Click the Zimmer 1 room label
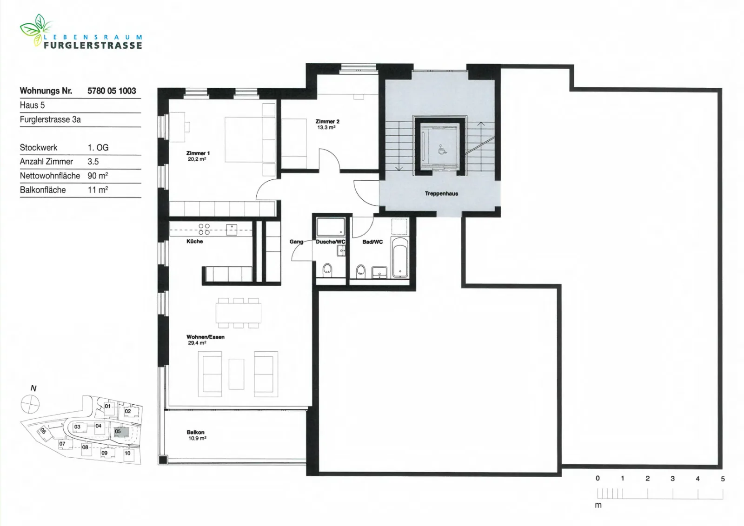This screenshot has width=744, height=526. click(x=198, y=153)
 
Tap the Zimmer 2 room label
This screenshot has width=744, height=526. click(x=327, y=121)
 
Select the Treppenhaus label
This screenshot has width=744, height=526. click(x=441, y=193)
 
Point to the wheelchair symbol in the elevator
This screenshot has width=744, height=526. click(x=442, y=150)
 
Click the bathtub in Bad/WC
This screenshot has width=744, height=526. click(x=399, y=257)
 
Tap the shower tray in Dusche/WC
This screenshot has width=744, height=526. click(x=331, y=227)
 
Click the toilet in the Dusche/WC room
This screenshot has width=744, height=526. click(x=327, y=270)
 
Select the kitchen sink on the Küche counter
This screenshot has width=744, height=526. click(x=232, y=230)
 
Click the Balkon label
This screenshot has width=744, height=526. click(x=196, y=432)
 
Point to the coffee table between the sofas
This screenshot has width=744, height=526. click(x=237, y=374)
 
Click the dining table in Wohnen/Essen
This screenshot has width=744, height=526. click(x=239, y=313)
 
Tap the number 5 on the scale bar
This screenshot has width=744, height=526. click(x=723, y=479)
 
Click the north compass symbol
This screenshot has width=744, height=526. click(x=30, y=404)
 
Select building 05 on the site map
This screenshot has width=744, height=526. click(x=121, y=432)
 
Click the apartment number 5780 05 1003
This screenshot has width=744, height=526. click(x=112, y=91)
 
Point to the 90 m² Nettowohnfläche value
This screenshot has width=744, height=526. click(x=98, y=176)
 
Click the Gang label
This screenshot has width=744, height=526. click(x=296, y=242)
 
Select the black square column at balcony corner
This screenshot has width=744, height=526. click(x=163, y=460)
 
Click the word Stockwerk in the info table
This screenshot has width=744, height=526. click(x=39, y=147)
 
